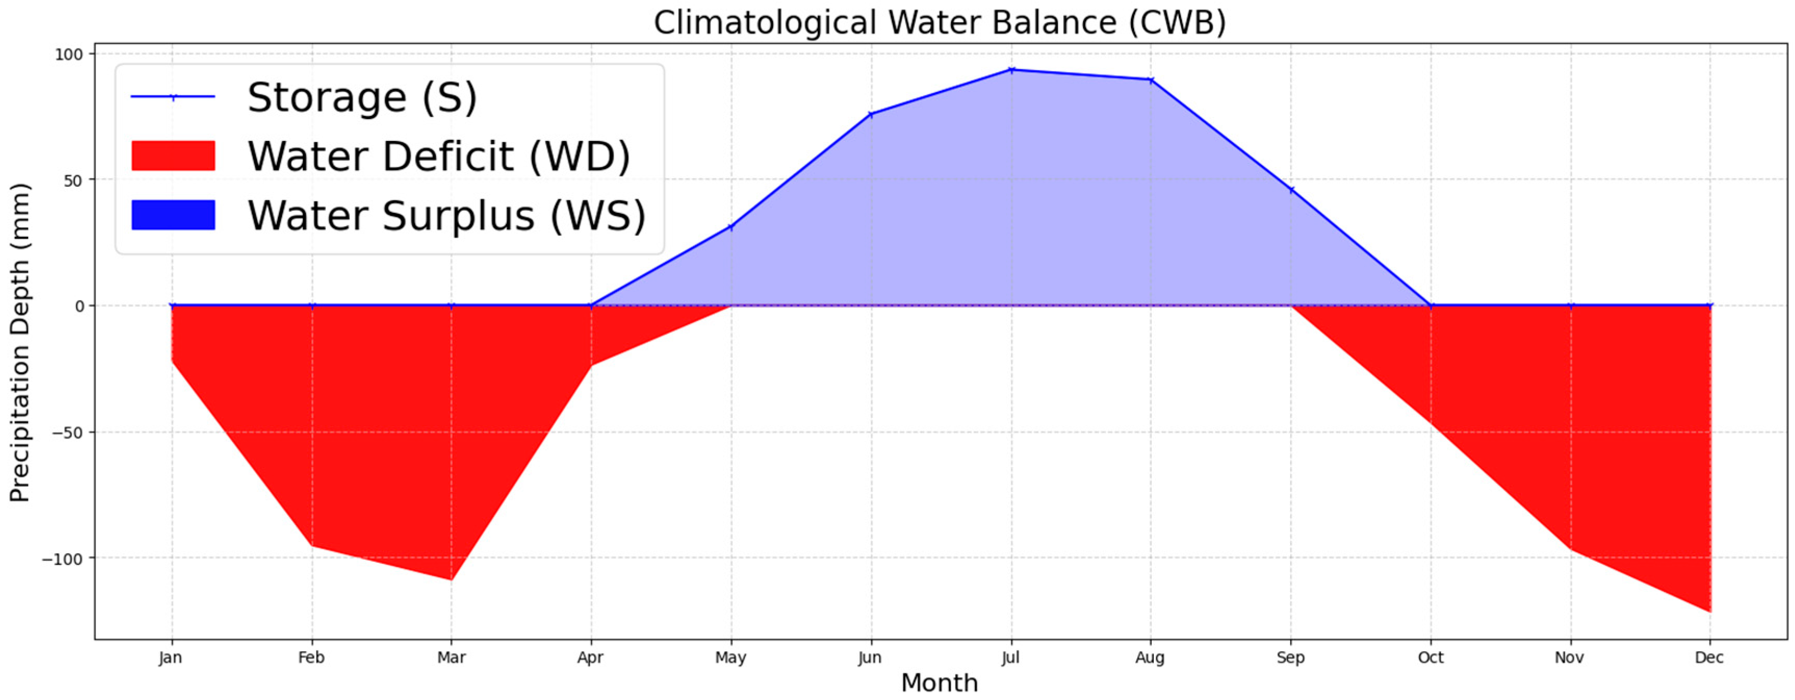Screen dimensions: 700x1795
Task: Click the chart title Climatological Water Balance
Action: [939, 22]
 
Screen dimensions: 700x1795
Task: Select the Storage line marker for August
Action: [1151, 80]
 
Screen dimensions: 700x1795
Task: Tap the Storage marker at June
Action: [871, 114]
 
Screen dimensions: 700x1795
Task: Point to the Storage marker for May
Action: [731, 227]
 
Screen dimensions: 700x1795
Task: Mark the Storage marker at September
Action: [1291, 190]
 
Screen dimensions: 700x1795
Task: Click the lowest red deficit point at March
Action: [451, 579]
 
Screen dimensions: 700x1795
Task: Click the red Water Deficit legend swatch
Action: [173, 155]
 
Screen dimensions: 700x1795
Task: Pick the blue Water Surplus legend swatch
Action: [173, 215]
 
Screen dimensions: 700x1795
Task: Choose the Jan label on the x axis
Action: [171, 657]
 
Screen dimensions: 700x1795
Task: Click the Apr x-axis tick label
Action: [590, 657]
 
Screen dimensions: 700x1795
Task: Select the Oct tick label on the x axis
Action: [1430, 657]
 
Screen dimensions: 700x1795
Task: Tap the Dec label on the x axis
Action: [1709, 657]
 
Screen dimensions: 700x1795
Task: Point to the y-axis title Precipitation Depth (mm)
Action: [20, 342]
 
